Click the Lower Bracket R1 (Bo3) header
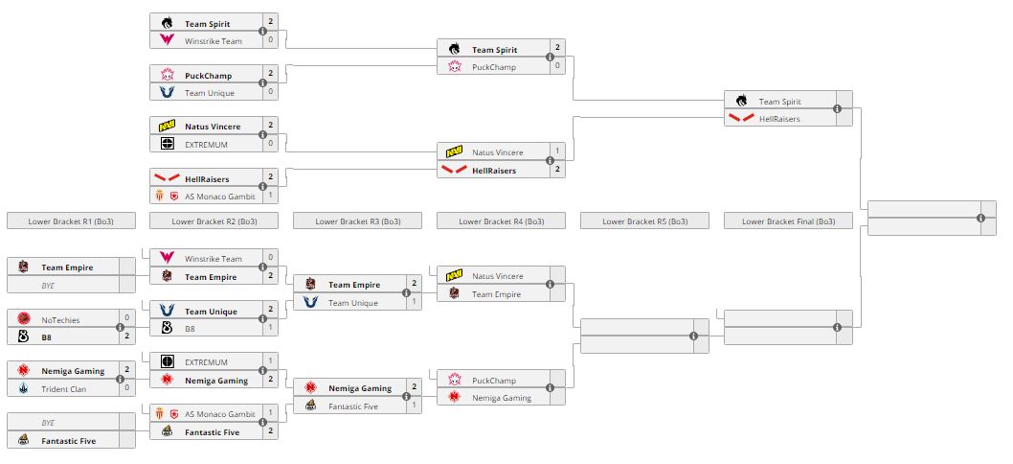71,221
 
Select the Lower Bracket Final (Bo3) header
788,221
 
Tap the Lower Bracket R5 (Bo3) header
644,221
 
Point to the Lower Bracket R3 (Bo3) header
357,221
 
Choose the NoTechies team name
59,319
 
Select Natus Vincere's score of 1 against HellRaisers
557,152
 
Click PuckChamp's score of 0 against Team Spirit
557,66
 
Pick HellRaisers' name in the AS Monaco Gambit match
208,178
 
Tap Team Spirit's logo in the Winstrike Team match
168,23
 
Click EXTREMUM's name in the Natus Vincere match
206,144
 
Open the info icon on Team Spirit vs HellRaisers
837,109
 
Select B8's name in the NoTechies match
47,336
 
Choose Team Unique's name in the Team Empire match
352,303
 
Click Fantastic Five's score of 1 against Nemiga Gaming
414,406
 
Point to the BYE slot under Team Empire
49,286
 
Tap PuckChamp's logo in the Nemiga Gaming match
455,380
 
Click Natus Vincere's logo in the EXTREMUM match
168,127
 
